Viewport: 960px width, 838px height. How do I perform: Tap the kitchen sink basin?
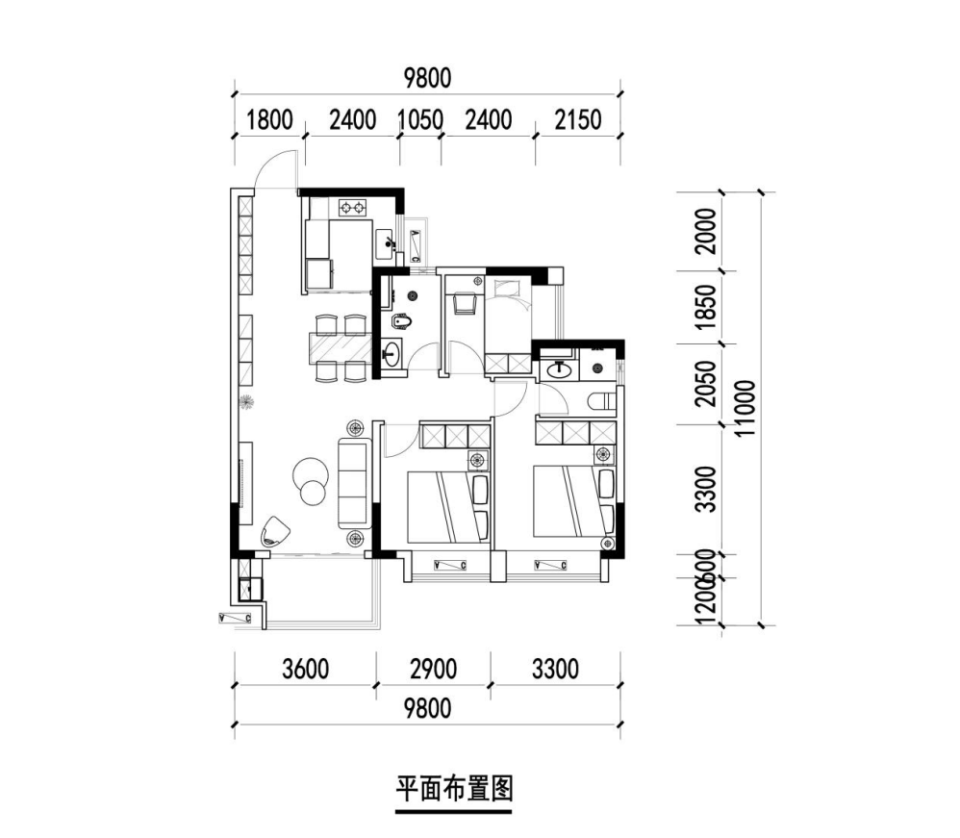pyautogui.click(x=385, y=241)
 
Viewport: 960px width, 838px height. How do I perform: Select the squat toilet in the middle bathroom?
pyautogui.click(x=402, y=323)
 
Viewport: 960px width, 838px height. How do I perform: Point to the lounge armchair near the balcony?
pyautogui.click(x=275, y=531)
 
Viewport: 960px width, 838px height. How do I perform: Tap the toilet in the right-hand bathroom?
pyautogui.click(x=601, y=402)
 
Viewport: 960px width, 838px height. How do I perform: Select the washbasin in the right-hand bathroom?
pyautogui.click(x=557, y=368)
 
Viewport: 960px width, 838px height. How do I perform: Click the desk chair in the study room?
pyautogui.click(x=465, y=302)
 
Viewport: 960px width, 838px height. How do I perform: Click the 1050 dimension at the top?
pyautogui.click(x=419, y=120)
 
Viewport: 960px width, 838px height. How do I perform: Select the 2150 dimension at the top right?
pyautogui.click(x=577, y=120)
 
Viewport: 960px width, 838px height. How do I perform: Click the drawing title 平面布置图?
pyautogui.click(x=455, y=790)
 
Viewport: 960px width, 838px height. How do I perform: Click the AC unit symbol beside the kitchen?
pyautogui.click(x=415, y=245)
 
